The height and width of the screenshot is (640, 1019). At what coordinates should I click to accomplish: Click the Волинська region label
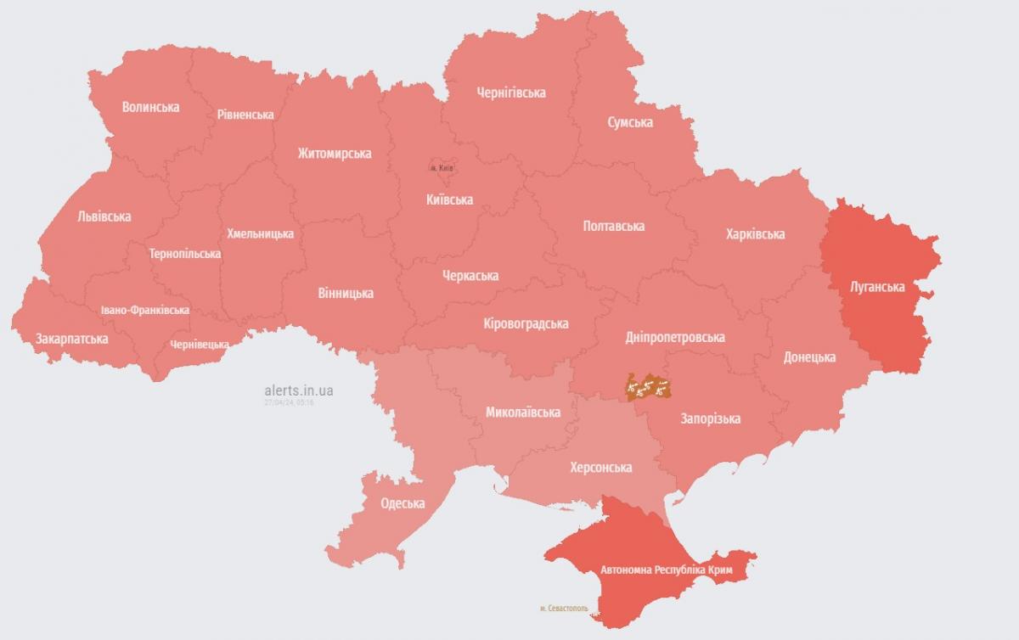click(x=150, y=107)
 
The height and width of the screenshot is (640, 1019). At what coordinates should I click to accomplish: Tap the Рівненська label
click(x=245, y=115)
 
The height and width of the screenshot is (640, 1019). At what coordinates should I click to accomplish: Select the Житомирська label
click(x=334, y=154)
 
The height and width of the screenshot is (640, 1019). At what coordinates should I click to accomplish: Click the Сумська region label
click(x=630, y=122)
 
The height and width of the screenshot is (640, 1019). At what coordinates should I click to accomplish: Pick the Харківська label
click(x=755, y=233)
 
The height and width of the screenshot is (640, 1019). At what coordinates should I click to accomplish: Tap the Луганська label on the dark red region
click(x=877, y=287)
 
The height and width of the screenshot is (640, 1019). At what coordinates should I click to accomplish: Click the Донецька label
click(x=808, y=357)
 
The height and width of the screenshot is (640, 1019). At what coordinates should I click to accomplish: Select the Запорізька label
click(x=710, y=418)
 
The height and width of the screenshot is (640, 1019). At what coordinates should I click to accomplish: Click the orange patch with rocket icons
click(x=649, y=388)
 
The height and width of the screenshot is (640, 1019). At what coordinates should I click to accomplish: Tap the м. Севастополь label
click(x=563, y=609)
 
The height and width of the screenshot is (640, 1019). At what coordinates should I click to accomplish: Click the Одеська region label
click(x=403, y=503)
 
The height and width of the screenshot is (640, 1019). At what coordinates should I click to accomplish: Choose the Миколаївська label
click(x=522, y=413)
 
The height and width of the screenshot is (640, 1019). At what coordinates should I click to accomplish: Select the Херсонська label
click(x=600, y=468)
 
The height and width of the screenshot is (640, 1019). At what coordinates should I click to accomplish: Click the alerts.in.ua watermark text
click(x=298, y=390)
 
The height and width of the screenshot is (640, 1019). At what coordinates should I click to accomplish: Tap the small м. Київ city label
click(x=442, y=168)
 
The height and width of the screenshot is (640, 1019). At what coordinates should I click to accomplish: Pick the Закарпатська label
click(x=71, y=339)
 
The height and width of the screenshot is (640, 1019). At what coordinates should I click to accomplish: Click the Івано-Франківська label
click(x=144, y=310)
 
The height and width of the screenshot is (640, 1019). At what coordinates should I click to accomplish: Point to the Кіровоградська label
click(x=525, y=323)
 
